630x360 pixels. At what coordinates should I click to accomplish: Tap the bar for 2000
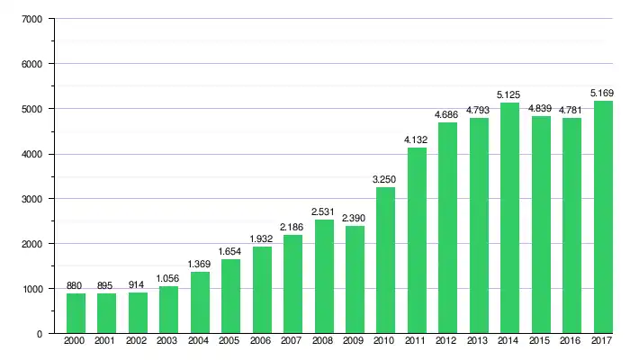pos(76,313)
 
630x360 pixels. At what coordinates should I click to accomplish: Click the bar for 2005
pos(231,296)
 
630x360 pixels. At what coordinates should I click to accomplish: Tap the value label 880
pos(76,285)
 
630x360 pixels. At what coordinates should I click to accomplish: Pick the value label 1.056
pos(169,277)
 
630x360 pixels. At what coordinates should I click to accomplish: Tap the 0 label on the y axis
pos(40,334)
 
